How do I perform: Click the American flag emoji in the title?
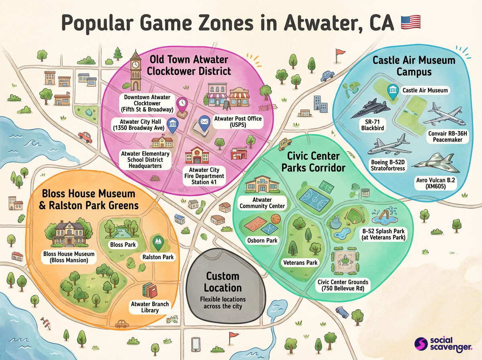coord(411,22)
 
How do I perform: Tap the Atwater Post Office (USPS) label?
coord(238,122)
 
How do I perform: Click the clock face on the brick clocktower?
coord(136,64)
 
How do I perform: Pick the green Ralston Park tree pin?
coord(157,242)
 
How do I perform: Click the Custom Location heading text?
coord(223,282)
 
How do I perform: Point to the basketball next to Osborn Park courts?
coord(276,219)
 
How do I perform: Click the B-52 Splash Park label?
coord(383,234)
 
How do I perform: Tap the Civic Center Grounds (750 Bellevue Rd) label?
coord(343,285)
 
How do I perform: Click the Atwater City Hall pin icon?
coord(172,126)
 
